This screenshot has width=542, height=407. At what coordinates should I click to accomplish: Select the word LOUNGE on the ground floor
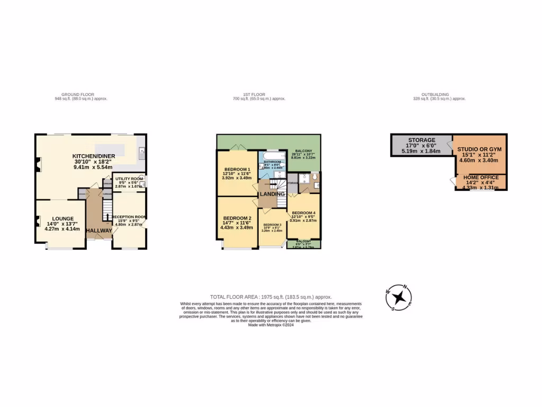[63, 218]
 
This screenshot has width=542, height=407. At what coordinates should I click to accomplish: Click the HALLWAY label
[100, 231]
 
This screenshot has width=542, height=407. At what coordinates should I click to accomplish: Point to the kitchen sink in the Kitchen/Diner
[142, 154]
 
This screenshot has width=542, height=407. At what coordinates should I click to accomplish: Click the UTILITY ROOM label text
[129, 179]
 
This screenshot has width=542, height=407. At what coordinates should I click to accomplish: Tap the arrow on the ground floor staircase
[107, 215]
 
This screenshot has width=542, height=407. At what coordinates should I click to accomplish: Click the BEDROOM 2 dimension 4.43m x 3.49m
[236, 227]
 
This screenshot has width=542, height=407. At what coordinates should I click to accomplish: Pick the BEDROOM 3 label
[272, 225]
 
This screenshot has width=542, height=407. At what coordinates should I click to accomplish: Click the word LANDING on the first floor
[273, 194]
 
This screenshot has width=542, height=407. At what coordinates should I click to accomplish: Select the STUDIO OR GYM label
[479, 149]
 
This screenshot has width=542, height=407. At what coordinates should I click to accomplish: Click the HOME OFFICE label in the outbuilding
[480, 178]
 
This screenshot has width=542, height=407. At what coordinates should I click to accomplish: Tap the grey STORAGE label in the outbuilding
[421, 140]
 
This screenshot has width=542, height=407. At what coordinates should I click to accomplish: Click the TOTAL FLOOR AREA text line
[270, 297]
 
